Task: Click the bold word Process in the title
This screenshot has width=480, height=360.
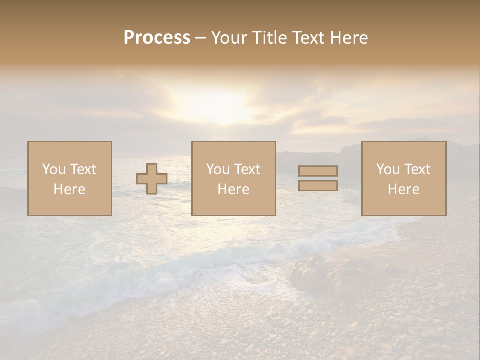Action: click(x=157, y=38)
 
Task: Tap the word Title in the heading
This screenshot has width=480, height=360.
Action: click(x=269, y=38)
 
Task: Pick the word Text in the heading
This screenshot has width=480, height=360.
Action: click(x=309, y=38)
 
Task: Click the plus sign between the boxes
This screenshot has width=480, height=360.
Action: click(x=152, y=179)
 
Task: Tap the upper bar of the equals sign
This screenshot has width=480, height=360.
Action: click(x=318, y=171)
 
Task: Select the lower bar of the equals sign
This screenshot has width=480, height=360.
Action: click(x=318, y=185)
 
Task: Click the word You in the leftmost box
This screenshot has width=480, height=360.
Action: click(x=54, y=169)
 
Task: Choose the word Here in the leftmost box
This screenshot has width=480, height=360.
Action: click(x=69, y=189)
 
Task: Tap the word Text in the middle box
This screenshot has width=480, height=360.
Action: click(x=247, y=169)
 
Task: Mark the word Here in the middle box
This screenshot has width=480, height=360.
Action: click(x=233, y=189)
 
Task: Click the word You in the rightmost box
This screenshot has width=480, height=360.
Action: click(x=388, y=169)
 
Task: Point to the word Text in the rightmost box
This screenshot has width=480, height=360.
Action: click(x=417, y=169)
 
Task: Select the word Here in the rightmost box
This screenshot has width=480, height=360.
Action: click(x=403, y=189)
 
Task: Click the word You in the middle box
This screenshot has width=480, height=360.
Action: click(x=218, y=169)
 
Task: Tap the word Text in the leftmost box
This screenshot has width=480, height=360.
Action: click(x=83, y=169)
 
